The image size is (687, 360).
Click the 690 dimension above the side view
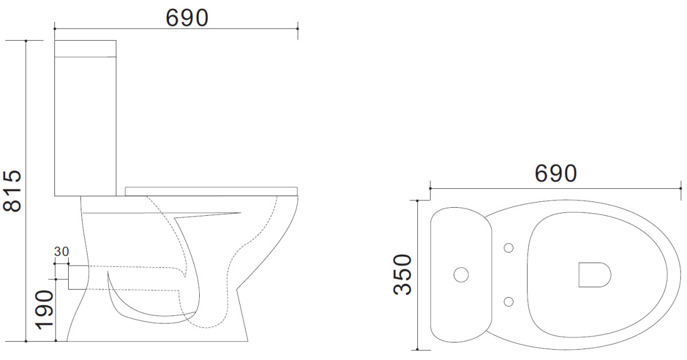[187, 18]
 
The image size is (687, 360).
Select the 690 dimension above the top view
[555, 173]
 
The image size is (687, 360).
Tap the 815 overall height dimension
[12, 191]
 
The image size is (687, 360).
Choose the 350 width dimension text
[403, 274]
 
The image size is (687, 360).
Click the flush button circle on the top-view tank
[461, 275]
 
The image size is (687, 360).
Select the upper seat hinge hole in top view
[508, 248]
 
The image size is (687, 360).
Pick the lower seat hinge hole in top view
[508, 302]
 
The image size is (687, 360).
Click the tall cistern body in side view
[85, 126]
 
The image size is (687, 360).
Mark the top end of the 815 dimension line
[26, 41]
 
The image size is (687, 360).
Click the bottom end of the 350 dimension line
[418, 349]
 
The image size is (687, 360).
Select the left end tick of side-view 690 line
[54, 27]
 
